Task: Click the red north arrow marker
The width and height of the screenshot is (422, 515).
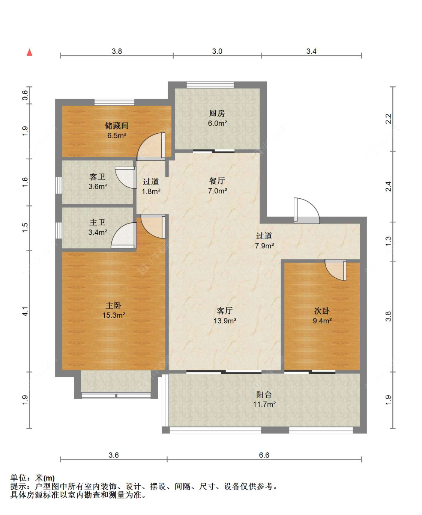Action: pos(29,53)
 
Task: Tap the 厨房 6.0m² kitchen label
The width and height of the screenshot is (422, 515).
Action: pos(217,118)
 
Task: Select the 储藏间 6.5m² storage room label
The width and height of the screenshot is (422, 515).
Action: pos(117,130)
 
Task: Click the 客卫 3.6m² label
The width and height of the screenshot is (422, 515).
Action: pos(98,181)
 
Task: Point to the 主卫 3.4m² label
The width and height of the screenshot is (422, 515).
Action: pos(98,227)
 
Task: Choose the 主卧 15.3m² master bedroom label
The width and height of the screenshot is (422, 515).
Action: pos(114,310)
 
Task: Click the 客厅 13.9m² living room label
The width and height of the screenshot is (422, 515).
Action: pos(225,316)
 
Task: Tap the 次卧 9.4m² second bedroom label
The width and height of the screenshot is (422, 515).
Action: pos(322,316)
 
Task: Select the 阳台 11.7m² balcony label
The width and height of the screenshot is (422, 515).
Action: pos(264,399)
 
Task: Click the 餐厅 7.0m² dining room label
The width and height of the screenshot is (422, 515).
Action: pos(217,186)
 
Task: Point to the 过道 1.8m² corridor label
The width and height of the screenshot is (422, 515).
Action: pos(151,186)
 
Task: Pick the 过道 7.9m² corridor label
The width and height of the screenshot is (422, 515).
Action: pos(264,241)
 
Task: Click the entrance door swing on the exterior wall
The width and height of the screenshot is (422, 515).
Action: pos(306,211)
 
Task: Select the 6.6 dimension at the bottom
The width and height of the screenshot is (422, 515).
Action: pos(264,455)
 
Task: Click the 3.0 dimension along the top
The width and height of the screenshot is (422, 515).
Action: pos(217,51)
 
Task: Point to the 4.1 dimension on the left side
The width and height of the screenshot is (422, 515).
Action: pos(25,311)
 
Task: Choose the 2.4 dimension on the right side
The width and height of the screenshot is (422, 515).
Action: pos(389,186)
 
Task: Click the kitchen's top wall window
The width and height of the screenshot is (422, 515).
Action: pos(210,85)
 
